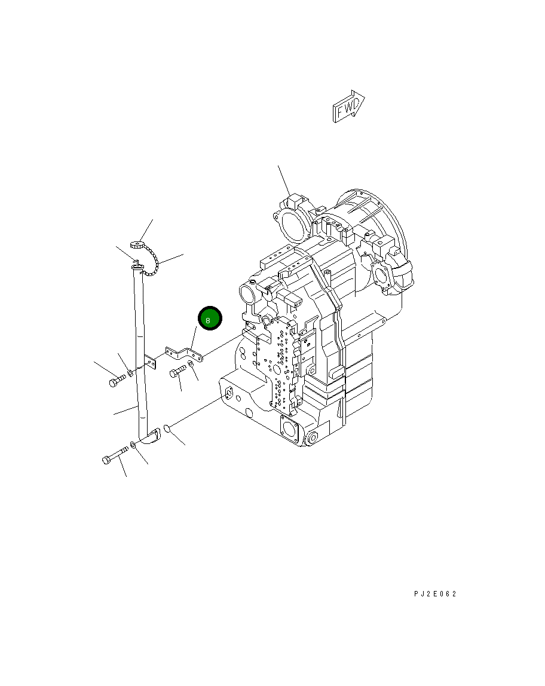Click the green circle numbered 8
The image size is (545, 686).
210,318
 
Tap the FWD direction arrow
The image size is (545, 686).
348,106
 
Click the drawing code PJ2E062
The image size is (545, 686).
435,594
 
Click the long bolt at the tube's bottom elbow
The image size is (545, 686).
115,455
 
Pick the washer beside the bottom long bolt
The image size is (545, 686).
133,445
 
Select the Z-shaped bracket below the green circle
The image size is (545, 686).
183,354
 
